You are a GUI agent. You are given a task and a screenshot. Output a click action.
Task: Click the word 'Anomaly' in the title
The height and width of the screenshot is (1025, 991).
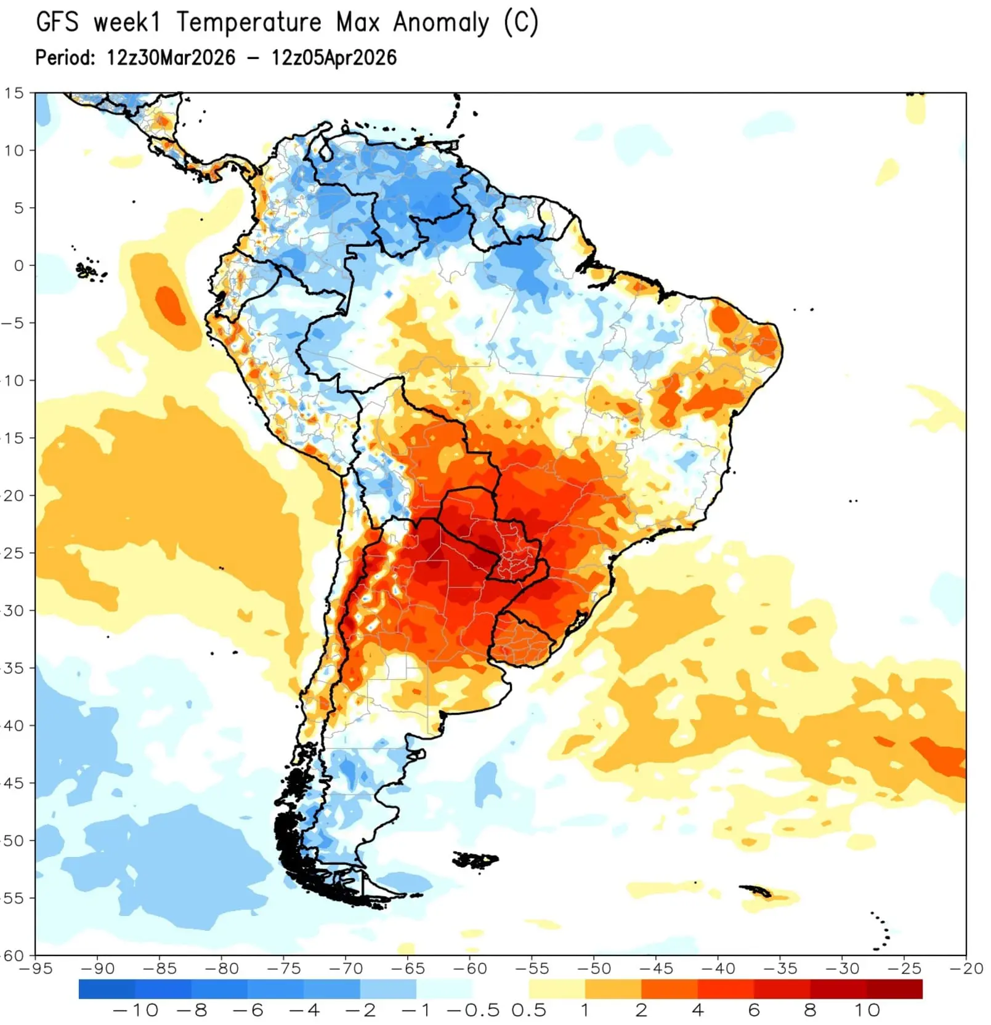click(441, 23)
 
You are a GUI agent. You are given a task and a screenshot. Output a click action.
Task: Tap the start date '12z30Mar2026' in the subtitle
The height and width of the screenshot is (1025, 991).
click(171, 58)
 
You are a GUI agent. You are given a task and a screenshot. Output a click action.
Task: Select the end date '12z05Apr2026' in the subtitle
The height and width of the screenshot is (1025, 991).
click(334, 58)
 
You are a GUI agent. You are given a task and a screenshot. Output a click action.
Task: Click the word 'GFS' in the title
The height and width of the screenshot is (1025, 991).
click(57, 23)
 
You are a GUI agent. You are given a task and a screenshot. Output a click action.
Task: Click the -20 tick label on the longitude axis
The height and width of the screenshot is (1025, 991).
click(966, 969)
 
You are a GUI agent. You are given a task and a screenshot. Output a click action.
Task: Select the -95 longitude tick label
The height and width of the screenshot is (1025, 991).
click(36, 969)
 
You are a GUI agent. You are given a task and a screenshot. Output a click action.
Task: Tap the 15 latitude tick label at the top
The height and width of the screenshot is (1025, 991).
click(14, 93)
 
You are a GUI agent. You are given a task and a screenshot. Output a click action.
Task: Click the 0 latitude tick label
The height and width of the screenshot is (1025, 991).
click(19, 265)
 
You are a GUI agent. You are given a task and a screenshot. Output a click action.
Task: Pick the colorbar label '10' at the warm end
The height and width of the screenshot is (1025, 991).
click(866, 1010)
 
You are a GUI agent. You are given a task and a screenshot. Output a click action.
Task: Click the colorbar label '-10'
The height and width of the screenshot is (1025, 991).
click(136, 1010)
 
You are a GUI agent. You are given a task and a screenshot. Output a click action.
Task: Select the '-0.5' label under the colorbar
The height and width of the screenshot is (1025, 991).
click(472, 1010)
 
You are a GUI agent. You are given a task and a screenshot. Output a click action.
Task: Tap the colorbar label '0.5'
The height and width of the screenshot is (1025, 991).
click(528, 1010)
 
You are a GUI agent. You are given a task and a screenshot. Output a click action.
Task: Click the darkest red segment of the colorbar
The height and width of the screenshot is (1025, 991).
click(894, 989)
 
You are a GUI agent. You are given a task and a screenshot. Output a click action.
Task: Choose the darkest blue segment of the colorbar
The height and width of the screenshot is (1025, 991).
click(107, 989)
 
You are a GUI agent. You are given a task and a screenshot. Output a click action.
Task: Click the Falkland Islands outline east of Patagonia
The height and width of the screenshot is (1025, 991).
click(475, 859)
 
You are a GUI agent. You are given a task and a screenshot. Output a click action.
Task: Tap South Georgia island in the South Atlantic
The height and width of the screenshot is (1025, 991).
click(756, 890)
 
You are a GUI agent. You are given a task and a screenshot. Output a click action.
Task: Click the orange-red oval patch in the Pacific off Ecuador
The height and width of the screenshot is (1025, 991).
click(171, 305)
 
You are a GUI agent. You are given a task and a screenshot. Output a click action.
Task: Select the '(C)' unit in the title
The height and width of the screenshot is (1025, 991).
click(520, 23)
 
